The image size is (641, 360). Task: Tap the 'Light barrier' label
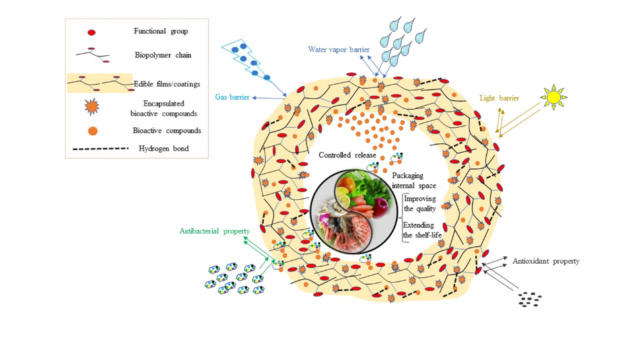tap(499, 98)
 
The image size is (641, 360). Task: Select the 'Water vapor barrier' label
tap(339, 50)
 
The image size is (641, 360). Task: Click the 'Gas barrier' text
tap(232, 98)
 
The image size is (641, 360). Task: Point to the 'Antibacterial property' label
tap(214, 231)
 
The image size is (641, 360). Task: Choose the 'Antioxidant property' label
tap(545, 261)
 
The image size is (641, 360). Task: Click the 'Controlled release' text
tap(347, 156)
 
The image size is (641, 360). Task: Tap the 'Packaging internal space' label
tap(414, 180)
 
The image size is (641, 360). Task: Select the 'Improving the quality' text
tap(419, 203)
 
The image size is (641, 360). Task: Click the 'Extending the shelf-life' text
tap(419, 230)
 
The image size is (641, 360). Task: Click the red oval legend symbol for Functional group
tap(92, 32)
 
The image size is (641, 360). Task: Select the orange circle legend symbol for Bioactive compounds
tap(93, 131)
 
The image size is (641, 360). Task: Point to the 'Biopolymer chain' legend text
tap(162, 55)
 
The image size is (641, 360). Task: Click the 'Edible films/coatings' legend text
tap(171, 83)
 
